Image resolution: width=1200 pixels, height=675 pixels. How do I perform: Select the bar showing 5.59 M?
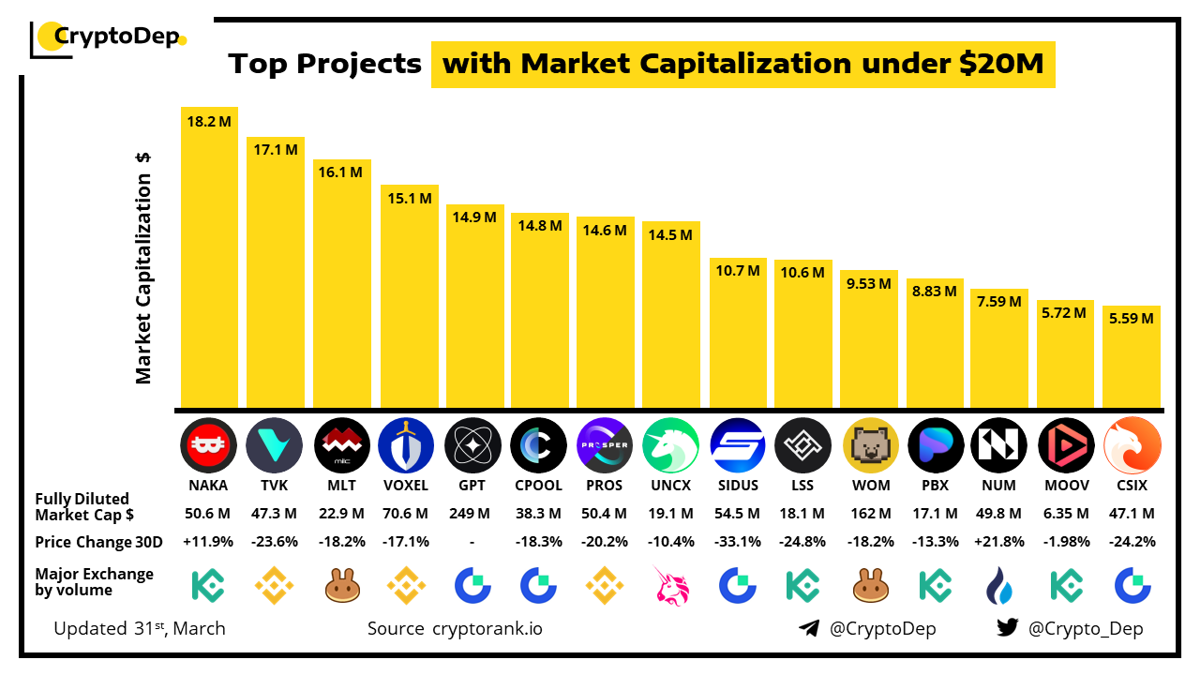(x=1132, y=356)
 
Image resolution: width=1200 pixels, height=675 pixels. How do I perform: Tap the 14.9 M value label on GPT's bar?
(x=474, y=218)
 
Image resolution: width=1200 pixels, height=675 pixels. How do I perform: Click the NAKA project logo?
(x=208, y=444)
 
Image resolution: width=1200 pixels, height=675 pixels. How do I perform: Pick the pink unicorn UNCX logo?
(x=672, y=444)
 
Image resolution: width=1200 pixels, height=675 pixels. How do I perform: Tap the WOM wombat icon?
(x=871, y=444)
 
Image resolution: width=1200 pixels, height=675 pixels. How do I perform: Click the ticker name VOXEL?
(x=405, y=487)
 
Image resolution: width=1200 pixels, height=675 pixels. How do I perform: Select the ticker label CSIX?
(x=1132, y=487)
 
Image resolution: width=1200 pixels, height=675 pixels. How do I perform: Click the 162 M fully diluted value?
(x=871, y=514)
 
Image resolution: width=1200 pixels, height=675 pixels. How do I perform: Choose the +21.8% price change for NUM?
(x=999, y=542)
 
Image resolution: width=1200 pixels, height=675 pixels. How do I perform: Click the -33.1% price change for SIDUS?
(x=737, y=542)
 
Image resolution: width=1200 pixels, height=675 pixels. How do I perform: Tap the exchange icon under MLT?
(x=341, y=586)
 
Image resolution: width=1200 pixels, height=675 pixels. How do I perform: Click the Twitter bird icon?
(x=1008, y=628)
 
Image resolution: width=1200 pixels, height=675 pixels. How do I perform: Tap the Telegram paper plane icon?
(x=809, y=628)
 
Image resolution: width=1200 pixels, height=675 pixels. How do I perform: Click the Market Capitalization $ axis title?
(x=143, y=267)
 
